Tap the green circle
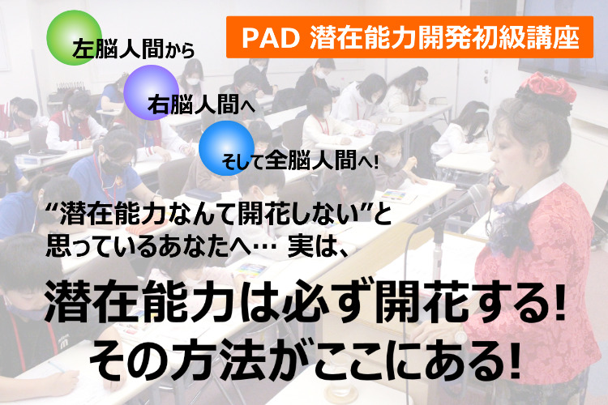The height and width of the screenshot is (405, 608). click(x=74, y=37)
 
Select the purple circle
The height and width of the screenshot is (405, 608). click(x=152, y=92)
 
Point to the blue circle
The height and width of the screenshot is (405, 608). click(x=226, y=147)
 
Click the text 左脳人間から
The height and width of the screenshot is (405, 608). click(x=133, y=50)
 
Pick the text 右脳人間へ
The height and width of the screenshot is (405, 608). click(x=201, y=104)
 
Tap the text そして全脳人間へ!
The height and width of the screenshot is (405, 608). click(x=299, y=160)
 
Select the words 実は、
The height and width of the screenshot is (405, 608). click(x=319, y=247)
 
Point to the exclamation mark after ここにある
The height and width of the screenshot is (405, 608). click(x=514, y=360)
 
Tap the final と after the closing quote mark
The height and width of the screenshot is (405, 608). click(x=382, y=215)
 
